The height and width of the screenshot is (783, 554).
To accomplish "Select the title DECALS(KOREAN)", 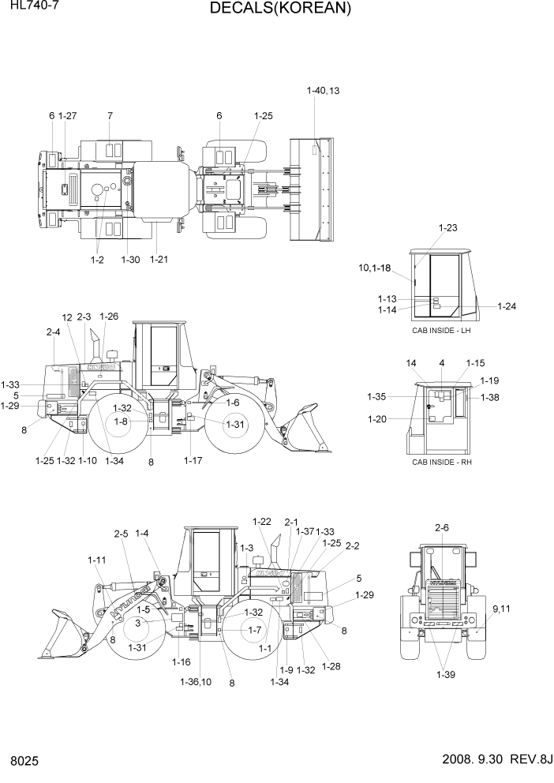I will point(280,9).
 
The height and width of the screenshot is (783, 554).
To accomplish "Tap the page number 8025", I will point(24,763).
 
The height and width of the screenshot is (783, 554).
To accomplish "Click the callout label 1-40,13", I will point(323,92).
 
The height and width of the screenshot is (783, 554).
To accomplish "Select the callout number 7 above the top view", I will point(110,116).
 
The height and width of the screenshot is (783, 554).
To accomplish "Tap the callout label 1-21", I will point(159,259).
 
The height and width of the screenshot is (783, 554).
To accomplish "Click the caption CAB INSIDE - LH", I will point(441,330).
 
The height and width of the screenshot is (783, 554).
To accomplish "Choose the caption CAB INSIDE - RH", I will point(441,461).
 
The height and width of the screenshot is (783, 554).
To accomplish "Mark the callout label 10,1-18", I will point(375,268).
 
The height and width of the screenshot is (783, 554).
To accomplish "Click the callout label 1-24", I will point(507,306).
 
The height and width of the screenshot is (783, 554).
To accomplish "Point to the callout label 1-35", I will point(376,397).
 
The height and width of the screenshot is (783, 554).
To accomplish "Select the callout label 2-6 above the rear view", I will point(441,527).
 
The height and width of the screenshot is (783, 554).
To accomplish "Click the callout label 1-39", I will point(445,675).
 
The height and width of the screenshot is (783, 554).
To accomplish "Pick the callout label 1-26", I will point(109,317).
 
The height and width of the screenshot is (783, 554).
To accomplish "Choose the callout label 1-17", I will point(193,460).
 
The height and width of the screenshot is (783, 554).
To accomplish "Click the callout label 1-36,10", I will point(195,681).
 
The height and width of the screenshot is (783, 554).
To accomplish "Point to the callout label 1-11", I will point(96,560).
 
